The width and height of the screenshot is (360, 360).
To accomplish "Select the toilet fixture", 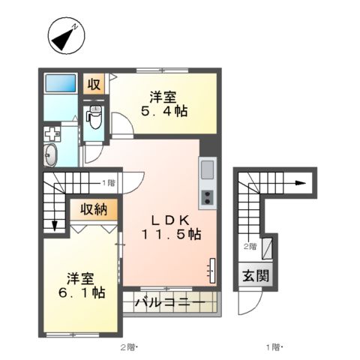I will pyautogui.click(x=94, y=115).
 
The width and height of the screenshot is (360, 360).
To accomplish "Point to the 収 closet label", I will pyautogui.click(x=94, y=84).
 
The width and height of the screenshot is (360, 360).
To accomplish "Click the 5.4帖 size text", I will pyautogui.click(x=163, y=111).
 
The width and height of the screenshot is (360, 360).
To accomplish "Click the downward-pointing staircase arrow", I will pyautogui.click(x=55, y=224).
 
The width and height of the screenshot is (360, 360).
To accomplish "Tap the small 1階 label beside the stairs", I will pyautogui.click(x=109, y=182).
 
